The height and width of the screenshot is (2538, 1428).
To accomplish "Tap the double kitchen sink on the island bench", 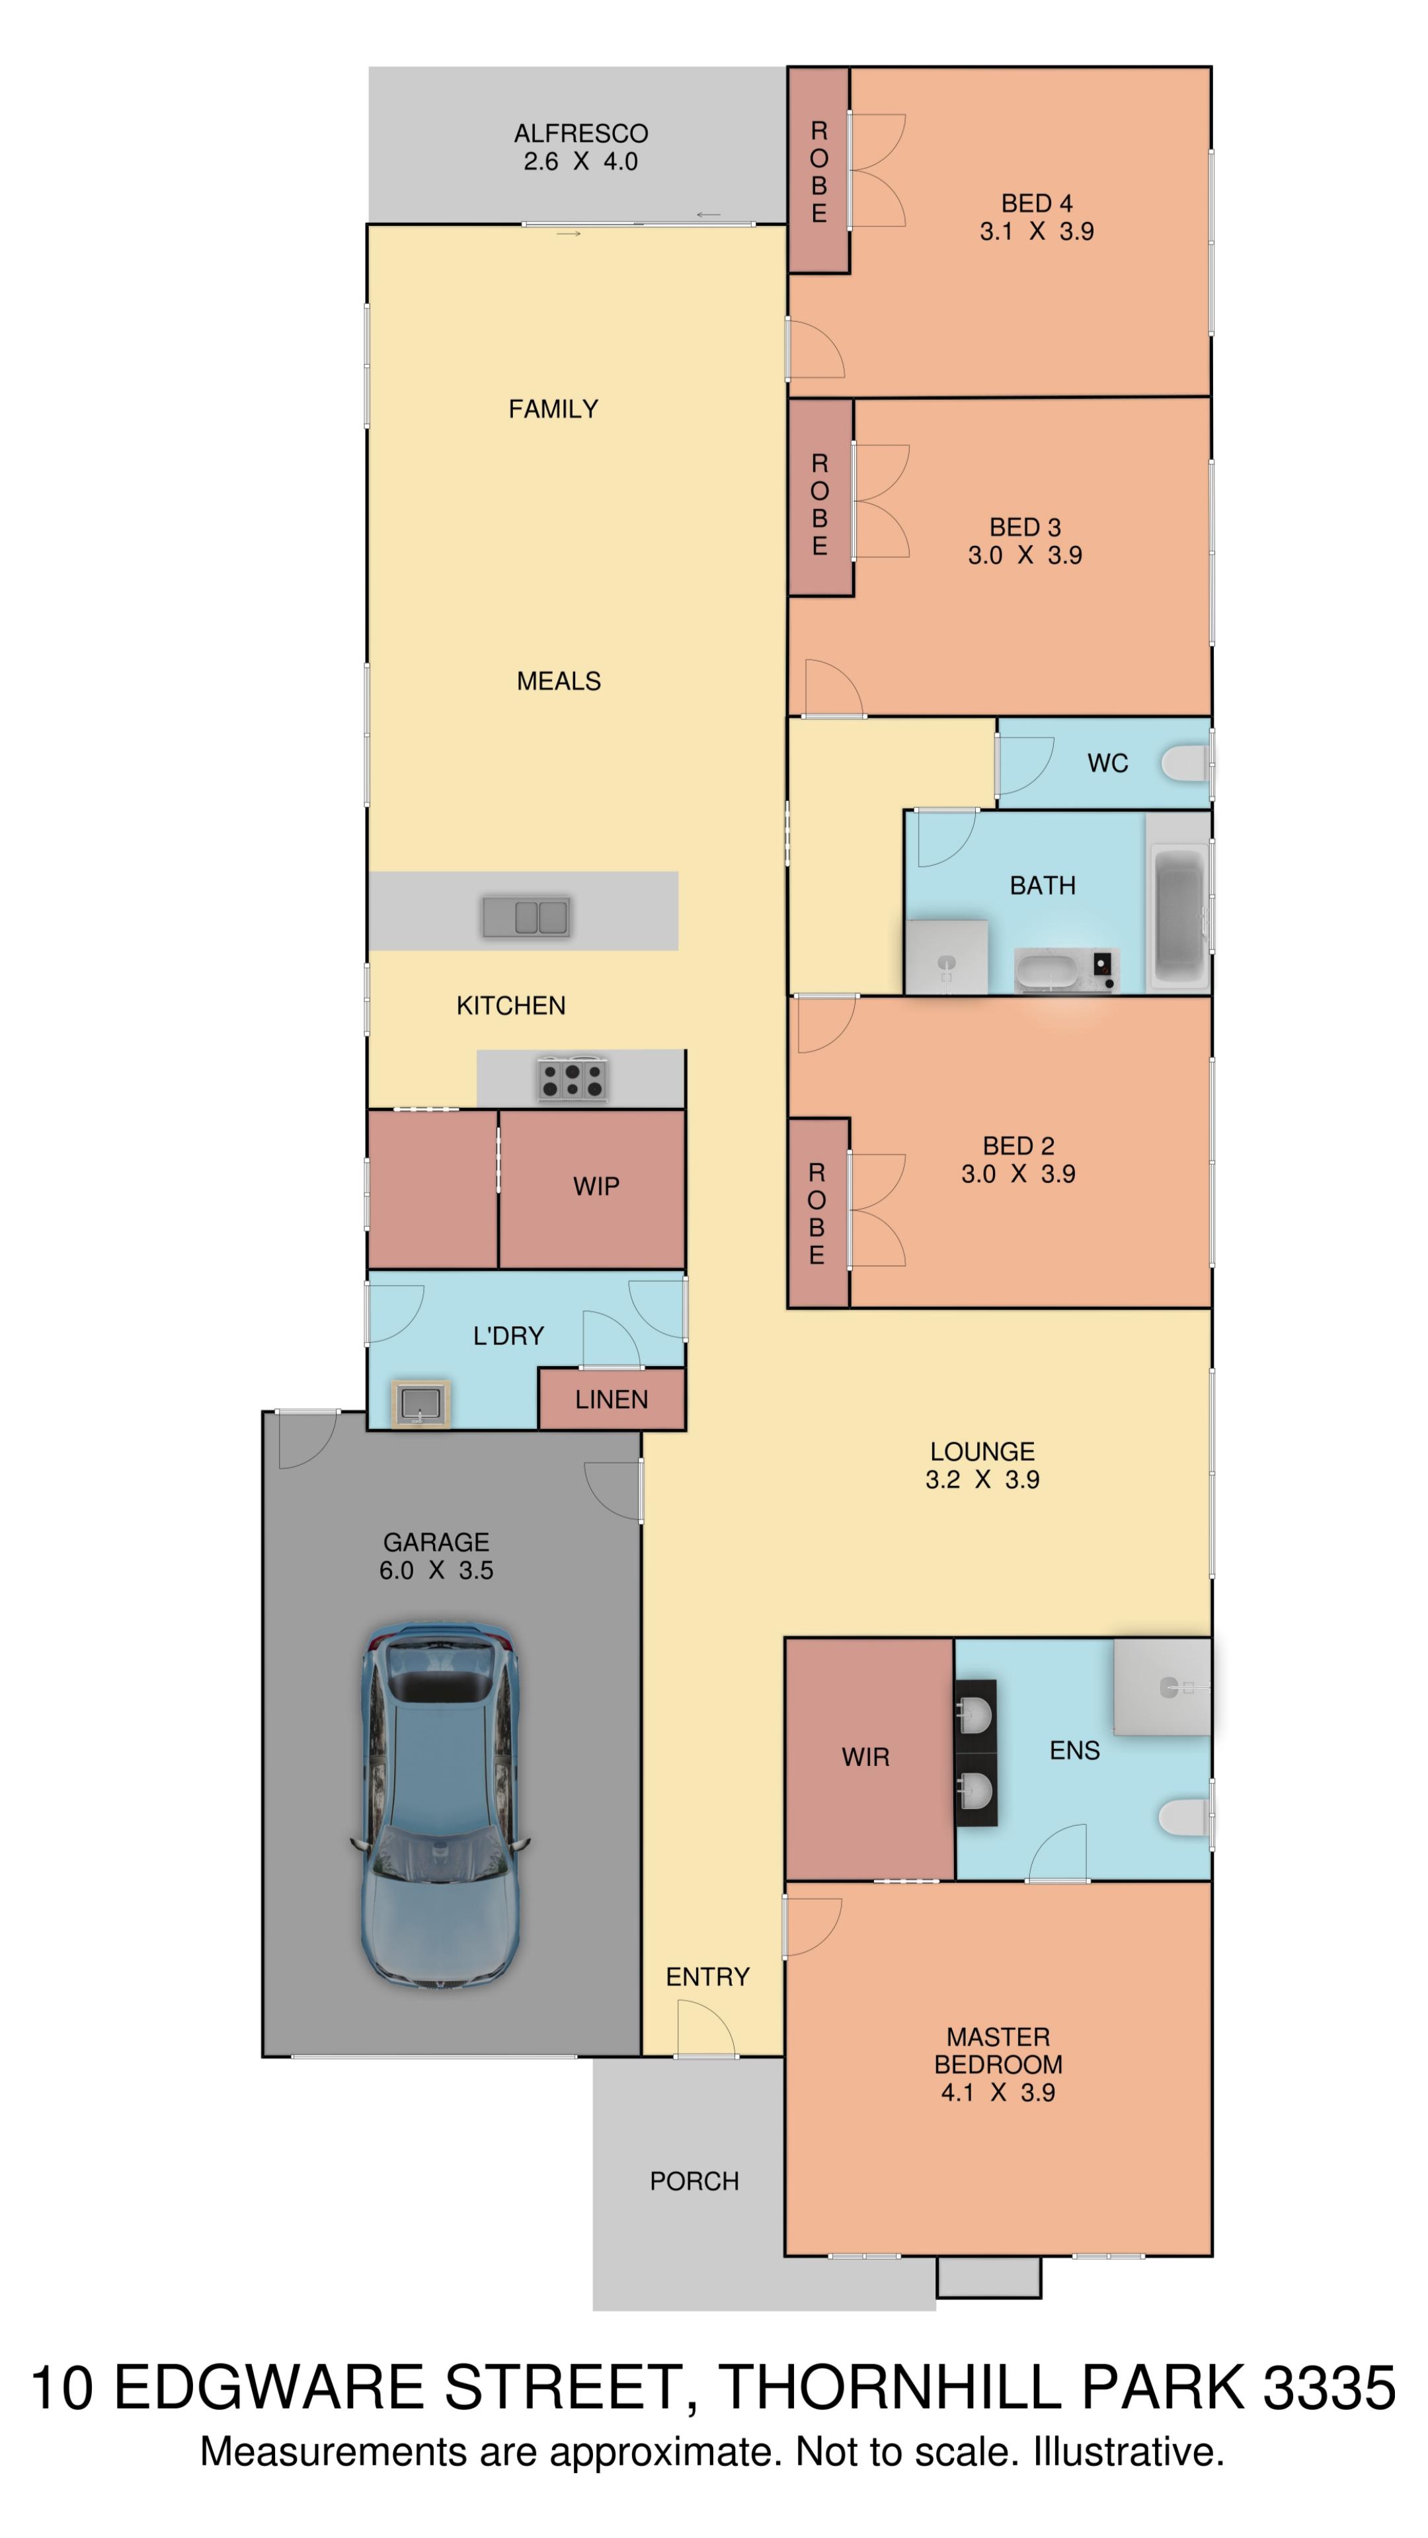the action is coord(526,916).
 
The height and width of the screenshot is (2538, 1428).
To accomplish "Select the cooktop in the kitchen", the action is coord(572,1078).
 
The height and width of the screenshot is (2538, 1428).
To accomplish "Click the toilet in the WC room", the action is coord(1187,763).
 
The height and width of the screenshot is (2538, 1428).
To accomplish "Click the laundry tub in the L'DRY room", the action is coord(422,1403).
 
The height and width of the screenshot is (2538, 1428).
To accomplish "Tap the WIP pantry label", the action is coord(596,1186).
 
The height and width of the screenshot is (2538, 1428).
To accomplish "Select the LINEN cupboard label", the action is coord(611,1399).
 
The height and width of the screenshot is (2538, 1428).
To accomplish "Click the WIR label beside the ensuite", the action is coord(865,1755).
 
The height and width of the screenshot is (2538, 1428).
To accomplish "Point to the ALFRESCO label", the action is coord(580,133).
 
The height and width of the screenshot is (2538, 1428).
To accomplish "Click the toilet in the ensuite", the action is coord(1187,1818).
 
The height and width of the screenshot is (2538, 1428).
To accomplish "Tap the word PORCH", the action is coord(694,2180).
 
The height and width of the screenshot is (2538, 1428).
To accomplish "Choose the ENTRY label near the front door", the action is coord(707,1976).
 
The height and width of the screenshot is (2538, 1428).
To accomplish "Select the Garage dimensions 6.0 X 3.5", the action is coord(436,1570).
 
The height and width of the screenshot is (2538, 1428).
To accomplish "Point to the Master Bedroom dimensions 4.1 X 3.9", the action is coord(998,2092).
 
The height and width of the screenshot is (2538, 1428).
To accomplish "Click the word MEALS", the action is coord(559,681).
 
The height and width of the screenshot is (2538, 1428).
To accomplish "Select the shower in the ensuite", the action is coord(1163,1686).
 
